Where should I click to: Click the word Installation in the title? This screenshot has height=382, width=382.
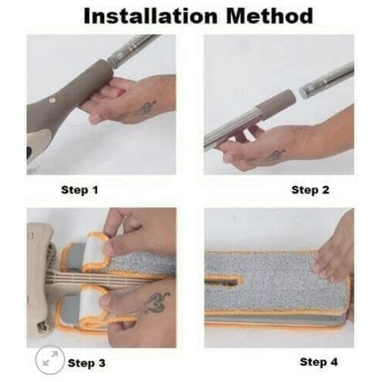[150, 16]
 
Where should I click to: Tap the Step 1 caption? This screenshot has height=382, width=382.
[79, 190]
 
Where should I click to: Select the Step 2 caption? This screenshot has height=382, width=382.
[310, 190]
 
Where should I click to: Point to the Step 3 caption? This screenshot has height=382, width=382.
[87, 363]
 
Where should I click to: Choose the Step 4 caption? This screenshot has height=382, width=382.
[319, 362]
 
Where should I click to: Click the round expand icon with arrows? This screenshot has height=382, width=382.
[50, 360]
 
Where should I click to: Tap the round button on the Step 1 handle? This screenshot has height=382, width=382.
[52, 100]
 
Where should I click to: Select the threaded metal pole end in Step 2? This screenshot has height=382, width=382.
[327, 80]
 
